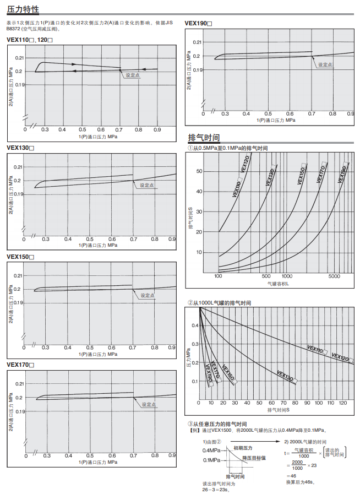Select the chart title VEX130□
[20, 148]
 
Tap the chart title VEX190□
[198, 23]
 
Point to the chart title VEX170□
[20, 365]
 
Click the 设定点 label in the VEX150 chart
[147, 296]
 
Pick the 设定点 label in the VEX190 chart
[325, 65]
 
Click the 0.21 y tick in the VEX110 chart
[19, 58]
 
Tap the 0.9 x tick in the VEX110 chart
[157, 129]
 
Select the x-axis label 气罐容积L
[278, 283]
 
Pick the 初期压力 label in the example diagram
[242, 448]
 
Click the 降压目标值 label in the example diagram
[254, 458]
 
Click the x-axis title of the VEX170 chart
[97, 463]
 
